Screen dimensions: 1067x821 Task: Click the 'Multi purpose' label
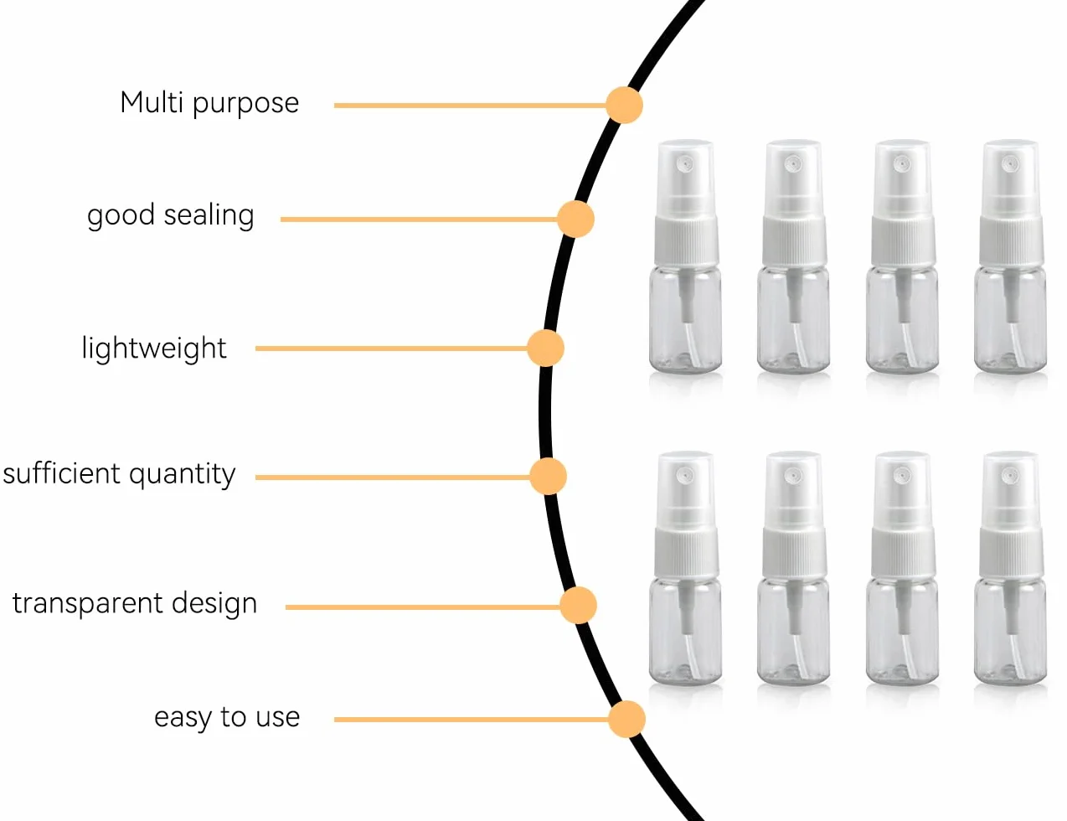(x=209, y=103)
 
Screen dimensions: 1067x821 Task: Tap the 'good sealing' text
(x=170, y=215)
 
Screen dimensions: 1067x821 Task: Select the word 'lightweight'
(x=154, y=349)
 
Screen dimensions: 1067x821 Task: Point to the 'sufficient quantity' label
(x=119, y=474)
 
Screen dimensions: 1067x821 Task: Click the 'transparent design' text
(x=135, y=603)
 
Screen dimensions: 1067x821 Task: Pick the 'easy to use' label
(x=227, y=717)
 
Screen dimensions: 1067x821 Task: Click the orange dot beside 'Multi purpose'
(x=624, y=105)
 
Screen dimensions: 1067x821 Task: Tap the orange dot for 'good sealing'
(x=575, y=219)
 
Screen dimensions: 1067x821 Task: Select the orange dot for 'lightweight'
(x=545, y=349)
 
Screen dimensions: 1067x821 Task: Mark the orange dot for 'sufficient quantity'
(x=548, y=477)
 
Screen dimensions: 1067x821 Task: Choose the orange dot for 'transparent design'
(x=579, y=605)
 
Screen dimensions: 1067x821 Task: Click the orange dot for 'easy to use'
(x=626, y=720)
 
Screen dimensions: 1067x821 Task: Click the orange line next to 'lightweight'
(x=392, y=349)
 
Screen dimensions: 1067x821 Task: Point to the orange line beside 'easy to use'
(x=472, y=720)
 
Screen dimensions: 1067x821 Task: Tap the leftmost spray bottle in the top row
(x=685, y=256)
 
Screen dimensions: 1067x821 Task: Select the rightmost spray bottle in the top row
(x=1011, y=256)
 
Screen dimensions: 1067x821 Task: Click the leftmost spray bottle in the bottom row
(x=685, y=568)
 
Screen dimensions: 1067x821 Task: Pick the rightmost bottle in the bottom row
(x=1011, y=568)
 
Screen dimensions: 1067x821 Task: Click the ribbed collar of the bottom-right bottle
(x=1011, y=552)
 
